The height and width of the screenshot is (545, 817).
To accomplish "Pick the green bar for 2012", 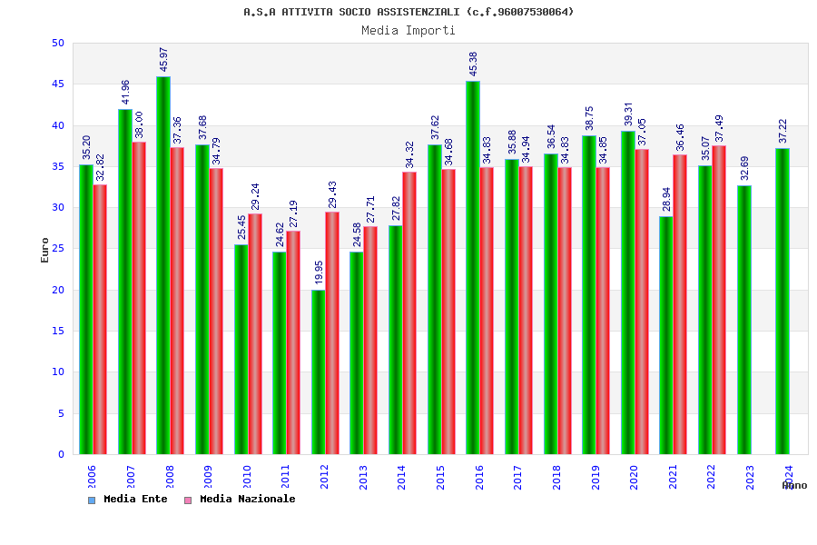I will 318,372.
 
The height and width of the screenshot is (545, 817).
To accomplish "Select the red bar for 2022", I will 719,300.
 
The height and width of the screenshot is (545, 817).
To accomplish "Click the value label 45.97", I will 164,60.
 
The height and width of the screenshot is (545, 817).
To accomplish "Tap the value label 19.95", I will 319,272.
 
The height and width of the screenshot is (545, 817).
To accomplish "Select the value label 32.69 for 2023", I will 744,168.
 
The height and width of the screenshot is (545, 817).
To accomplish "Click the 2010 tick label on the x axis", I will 246,477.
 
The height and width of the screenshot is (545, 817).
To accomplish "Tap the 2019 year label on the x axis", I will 596,477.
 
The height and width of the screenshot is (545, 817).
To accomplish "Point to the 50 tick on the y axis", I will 58,43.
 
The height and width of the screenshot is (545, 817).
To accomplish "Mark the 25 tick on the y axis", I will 58,249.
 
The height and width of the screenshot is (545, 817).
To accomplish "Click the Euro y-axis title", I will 45,250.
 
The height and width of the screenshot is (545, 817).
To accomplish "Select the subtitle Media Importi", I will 408,30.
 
